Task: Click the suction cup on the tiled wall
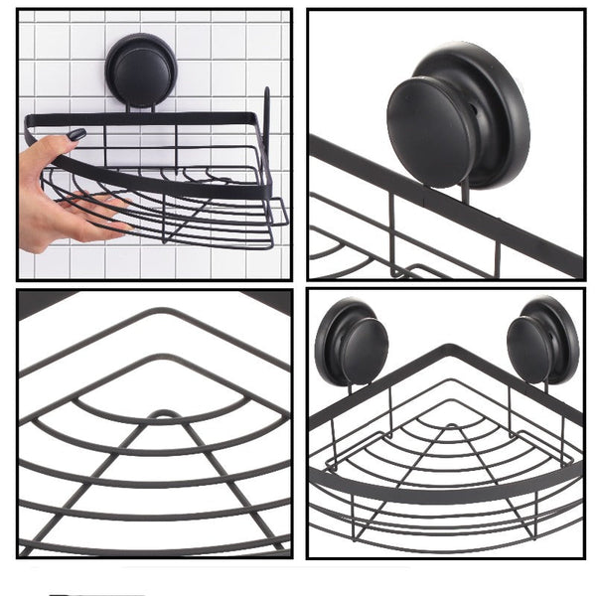coord(141,69)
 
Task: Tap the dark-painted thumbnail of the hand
coord(75,135)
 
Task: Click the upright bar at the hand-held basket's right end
coord(266,139)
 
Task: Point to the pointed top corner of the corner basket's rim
coord(449,349)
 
